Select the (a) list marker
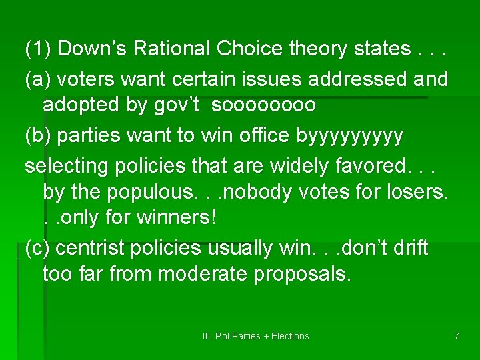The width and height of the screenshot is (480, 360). pyautogui.click(x=39, y=79)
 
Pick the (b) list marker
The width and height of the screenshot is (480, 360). pyautogui.click(x=39, y=135)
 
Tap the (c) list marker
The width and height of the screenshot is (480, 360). pyautogui.click(x=38, y=248)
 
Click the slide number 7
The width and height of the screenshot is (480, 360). pyautogui.click(x=457, y=336)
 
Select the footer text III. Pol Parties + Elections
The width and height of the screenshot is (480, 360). pyautogui.click(x=255, y=336)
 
